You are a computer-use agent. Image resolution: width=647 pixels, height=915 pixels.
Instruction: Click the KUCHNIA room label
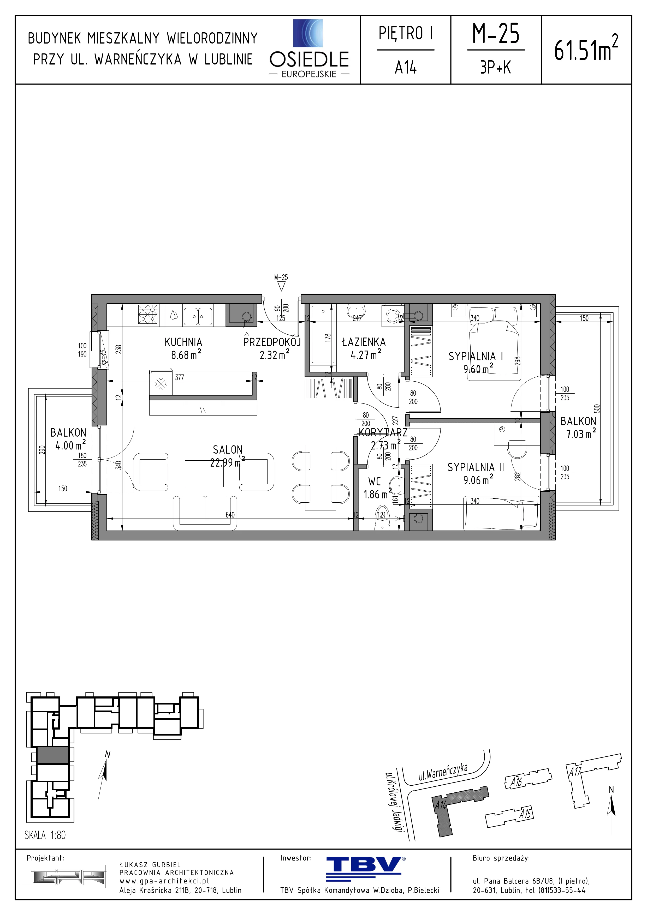point(183,342)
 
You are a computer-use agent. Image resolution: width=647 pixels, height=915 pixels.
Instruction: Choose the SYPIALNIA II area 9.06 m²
point(478,480)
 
